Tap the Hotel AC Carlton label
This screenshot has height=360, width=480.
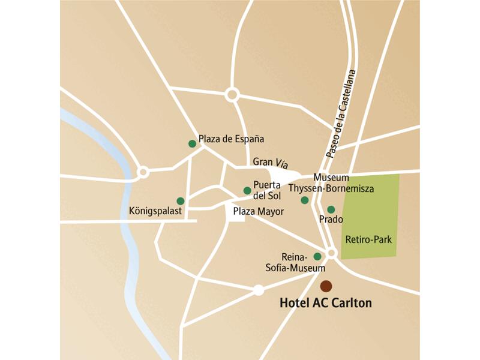click(x=325, y=303)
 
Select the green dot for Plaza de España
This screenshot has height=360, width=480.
click(x=192, y=143)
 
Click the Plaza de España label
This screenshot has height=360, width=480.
click(x=231, y=139)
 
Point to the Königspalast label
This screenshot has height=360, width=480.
click(x=155, y=211)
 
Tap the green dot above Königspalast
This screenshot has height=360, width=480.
click(x=180, y=201)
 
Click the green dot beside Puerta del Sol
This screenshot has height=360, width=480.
click(x=247, y=190)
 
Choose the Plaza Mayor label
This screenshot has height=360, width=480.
click(x=258, y=211)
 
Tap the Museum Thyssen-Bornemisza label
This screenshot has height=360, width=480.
click(x=331, y=184)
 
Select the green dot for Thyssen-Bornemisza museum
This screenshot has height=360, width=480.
click(x=304, y=200)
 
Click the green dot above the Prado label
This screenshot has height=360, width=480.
click(x=331, y=209)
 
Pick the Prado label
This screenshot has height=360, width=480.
click(x=331, y=220)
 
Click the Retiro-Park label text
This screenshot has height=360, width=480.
click(x=368, y=239)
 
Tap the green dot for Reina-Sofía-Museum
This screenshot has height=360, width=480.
click(x=317, y=256)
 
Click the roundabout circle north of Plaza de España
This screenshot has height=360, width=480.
click(x=232, y=95)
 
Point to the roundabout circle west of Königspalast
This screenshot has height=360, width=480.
click(x=143, y=173)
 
